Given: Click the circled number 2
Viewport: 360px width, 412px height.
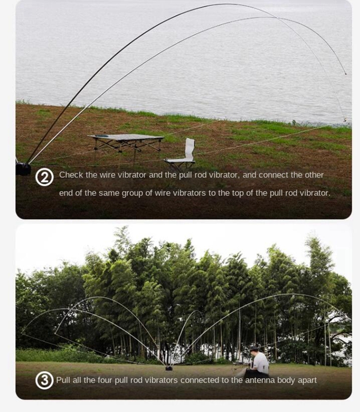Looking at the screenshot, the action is point(44,177).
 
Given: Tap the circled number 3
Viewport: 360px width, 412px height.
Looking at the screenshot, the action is point(44,380).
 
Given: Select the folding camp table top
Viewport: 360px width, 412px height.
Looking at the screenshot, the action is point(126,138).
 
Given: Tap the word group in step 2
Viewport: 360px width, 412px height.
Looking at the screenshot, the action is point(133,193).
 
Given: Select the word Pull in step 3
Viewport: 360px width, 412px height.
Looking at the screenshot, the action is point(63,380).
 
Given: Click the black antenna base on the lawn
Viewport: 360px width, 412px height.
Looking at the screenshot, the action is point(169,368).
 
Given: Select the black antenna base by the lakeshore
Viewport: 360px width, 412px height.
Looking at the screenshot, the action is point(23,169).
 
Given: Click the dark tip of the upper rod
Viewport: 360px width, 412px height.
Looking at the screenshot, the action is point(345,73).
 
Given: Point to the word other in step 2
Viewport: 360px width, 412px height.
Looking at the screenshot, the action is point(314,175).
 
